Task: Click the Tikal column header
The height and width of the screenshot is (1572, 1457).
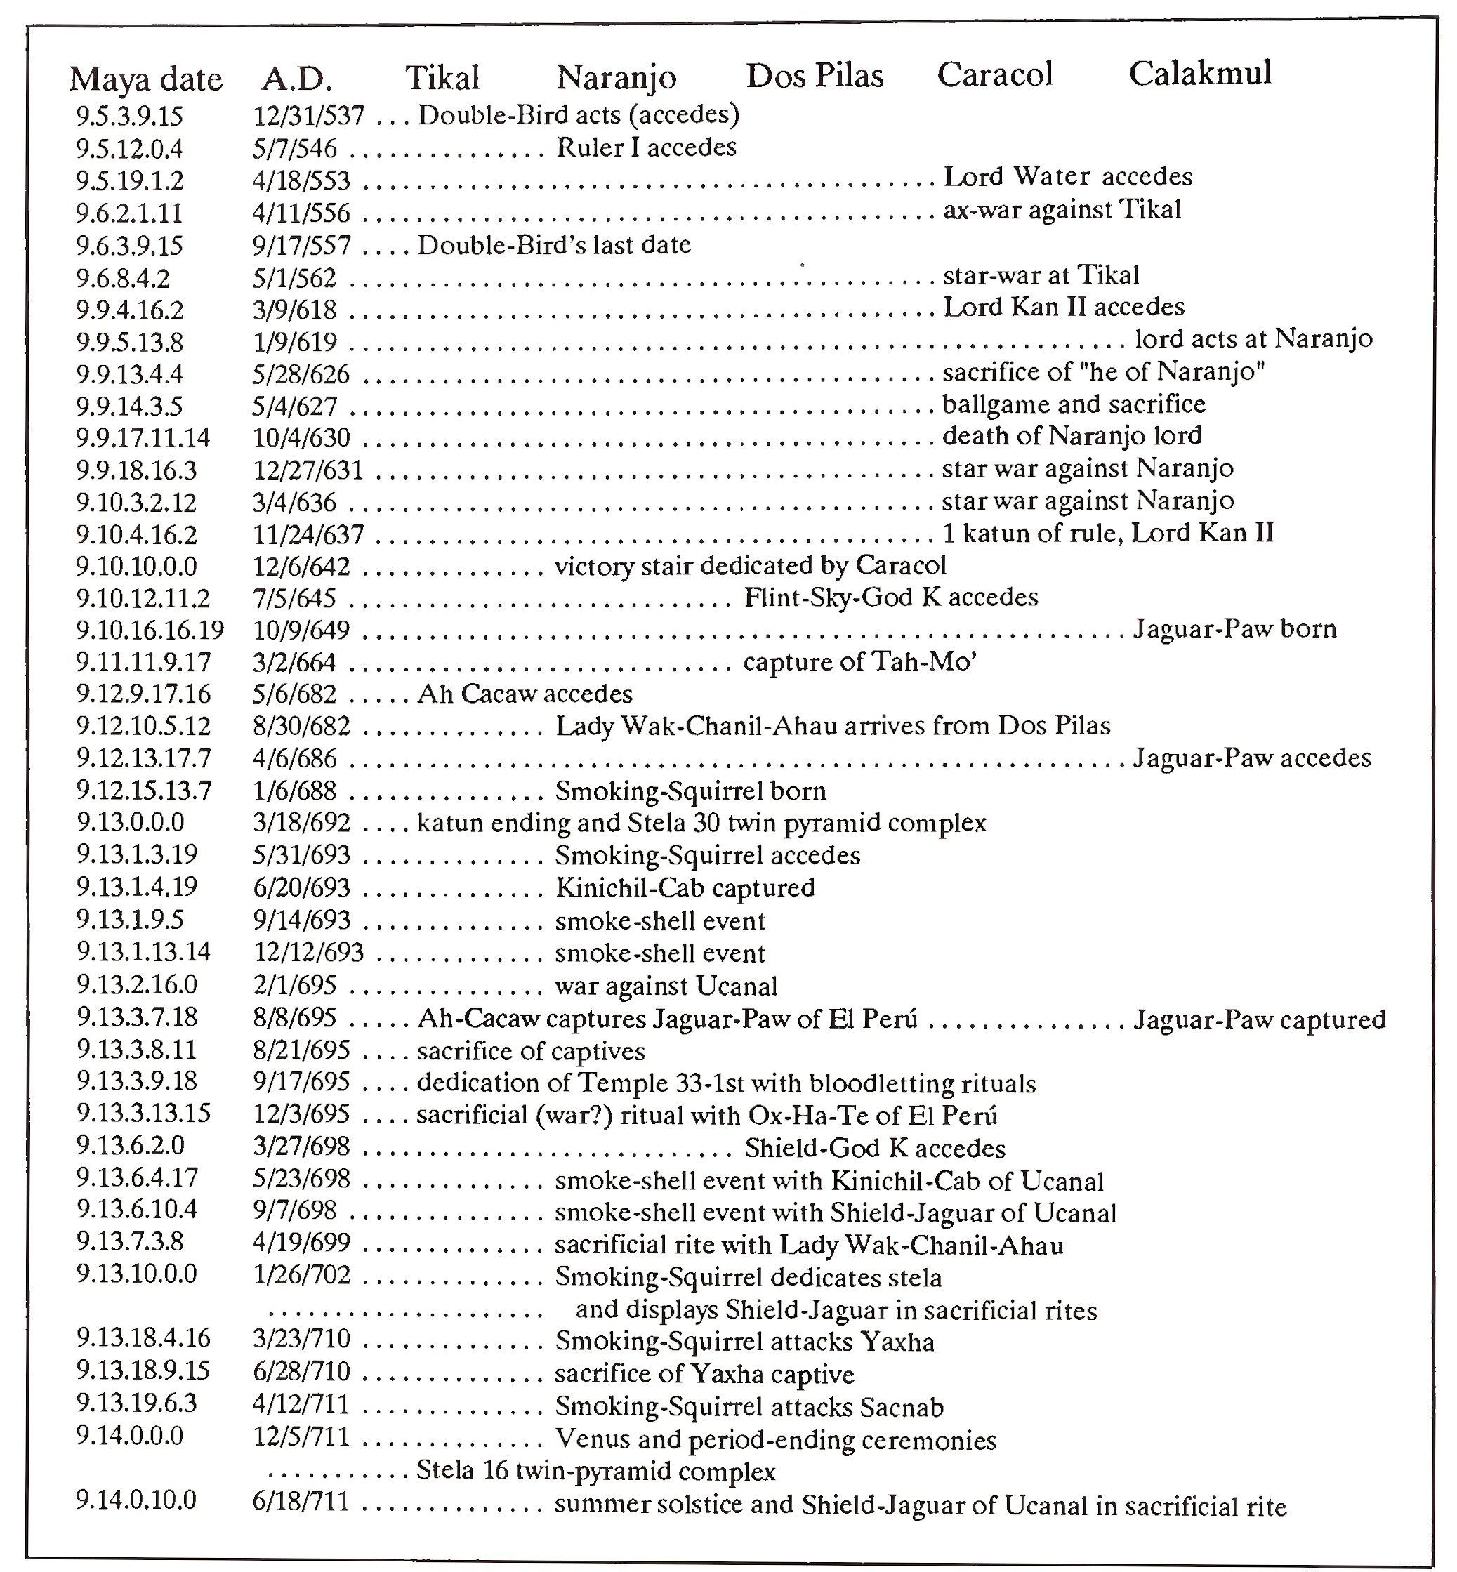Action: pyautogui.click(x=442, y=77)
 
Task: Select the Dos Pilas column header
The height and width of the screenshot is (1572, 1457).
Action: pyautogui.click(x=815, y=76)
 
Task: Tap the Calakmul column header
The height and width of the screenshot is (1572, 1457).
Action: pyautogui.click(x=1199, y=73)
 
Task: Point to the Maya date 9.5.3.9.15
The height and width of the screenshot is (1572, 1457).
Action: pyautogui.click(x=129, y=117)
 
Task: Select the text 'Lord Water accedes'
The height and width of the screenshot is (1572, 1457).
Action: pyautogui.click(x=1067, y=177)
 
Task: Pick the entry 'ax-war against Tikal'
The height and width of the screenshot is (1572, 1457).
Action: pyautogui.click(x=1062, y=210)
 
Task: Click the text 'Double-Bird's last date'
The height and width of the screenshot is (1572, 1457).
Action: pyautogui.click(x=553, y=245)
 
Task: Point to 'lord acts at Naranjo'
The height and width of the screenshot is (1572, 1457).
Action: pyautogui.click(x=1253, y=339)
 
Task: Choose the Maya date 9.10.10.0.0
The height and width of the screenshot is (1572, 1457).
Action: pyautogui.click(x=136, y=566)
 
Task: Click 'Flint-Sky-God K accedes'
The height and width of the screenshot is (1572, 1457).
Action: pyautogui.click(x=891, y=597)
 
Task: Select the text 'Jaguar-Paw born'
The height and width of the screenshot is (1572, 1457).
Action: pyautogui.click(x=1234, y=629)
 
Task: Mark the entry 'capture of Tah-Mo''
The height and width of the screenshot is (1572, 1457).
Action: pyautogui.click(x=860, y=662)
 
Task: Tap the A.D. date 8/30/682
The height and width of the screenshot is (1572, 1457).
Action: pyautogui.click(x=301, y=726)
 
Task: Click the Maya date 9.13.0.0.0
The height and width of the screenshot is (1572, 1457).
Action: pyautogui.click(x=130, y=823)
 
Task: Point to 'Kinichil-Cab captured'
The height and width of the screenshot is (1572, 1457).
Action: pyautogui.click(x=685, y=888)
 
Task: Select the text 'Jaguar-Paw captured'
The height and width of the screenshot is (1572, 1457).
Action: pyautogui.click(x=1259, y=1020)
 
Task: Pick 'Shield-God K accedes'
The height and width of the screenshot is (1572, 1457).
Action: pyautogui.click(x=875, y=1149)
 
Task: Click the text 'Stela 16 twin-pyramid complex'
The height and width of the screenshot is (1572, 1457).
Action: pyautogui.click(x=596, y=1472)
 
